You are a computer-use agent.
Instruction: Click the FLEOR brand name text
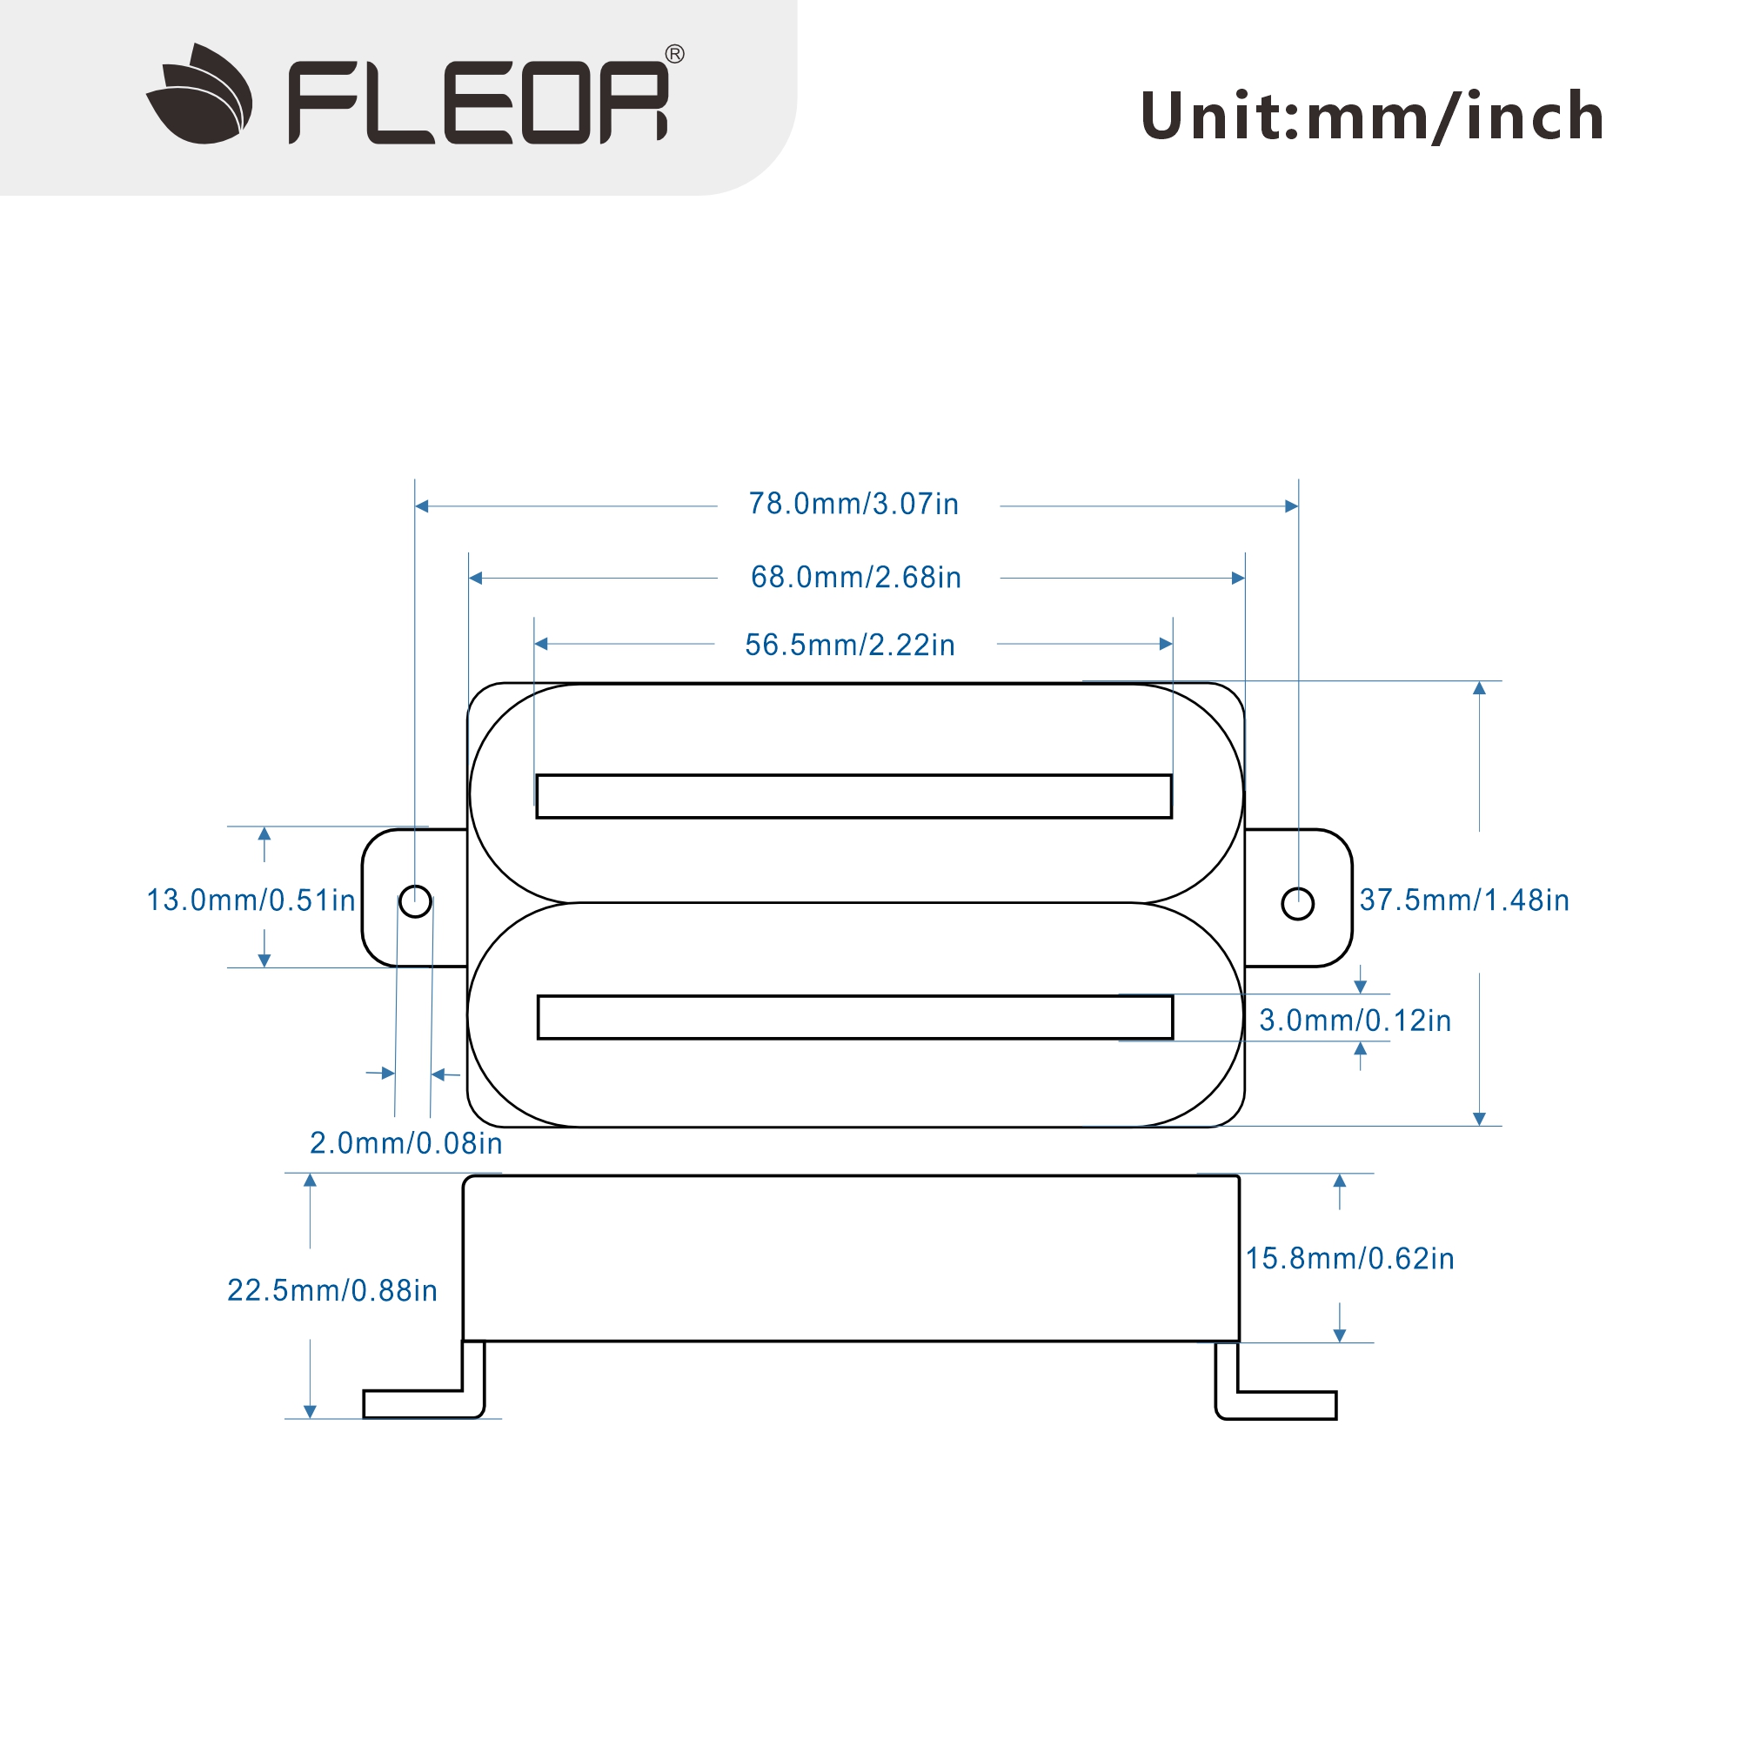(x=478, y=102)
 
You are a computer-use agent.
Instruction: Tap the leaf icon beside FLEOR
(x=200, y=95)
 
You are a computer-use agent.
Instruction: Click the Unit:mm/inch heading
(x=1372, y=117)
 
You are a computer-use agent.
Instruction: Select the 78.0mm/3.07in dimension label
(x=853, y=504)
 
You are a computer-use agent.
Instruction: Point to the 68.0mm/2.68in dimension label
(x=855, y=578)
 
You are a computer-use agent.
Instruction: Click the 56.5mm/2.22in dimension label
(x=849, y=645)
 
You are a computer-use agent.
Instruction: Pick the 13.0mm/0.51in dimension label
(x=251, y=900)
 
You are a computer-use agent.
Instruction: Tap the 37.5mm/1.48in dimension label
(x=1464, y=900)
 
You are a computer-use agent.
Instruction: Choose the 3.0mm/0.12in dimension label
(x=1355, y=1021)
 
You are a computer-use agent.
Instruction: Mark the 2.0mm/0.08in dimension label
(x=406, y=1143)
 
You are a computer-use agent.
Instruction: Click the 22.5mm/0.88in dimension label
(x=332, y=1290)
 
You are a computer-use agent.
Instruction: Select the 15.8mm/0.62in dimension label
(x=1349, y=1258)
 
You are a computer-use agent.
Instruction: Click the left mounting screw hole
(x=415, y=901)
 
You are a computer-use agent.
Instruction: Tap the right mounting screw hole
(x=1298, y=903)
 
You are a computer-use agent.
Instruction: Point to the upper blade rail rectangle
(x=853, y=796)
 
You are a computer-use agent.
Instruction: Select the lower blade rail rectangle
(x=854, y=1018)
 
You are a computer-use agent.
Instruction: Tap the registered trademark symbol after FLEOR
(x=673, y=54)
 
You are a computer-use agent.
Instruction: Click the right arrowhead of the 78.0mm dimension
(x=1291, y=506)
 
